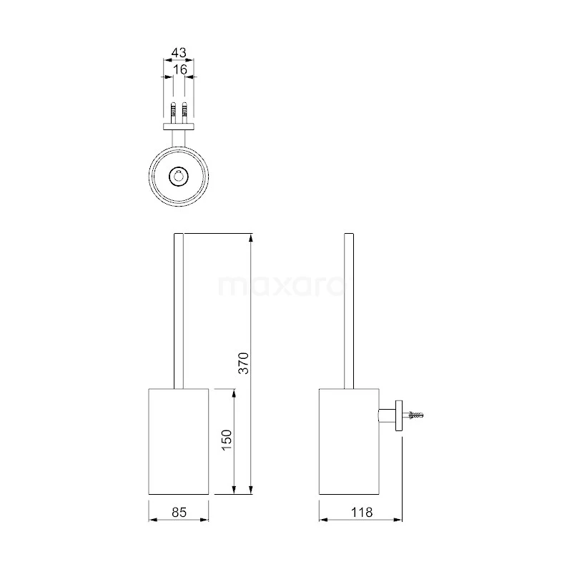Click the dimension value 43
[x=178, y=53]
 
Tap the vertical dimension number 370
[x=242, y=363]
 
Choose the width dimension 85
[x=179, y=512]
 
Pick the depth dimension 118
[x=360, y=512]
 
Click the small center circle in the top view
[x=178, y=177]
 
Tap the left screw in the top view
[x=172, y=112]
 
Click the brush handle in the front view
[x=179, y=311]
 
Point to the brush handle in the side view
[x=349, y=311]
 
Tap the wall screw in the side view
[x=417, y=414]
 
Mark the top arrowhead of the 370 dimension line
[x=250, y=237]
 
